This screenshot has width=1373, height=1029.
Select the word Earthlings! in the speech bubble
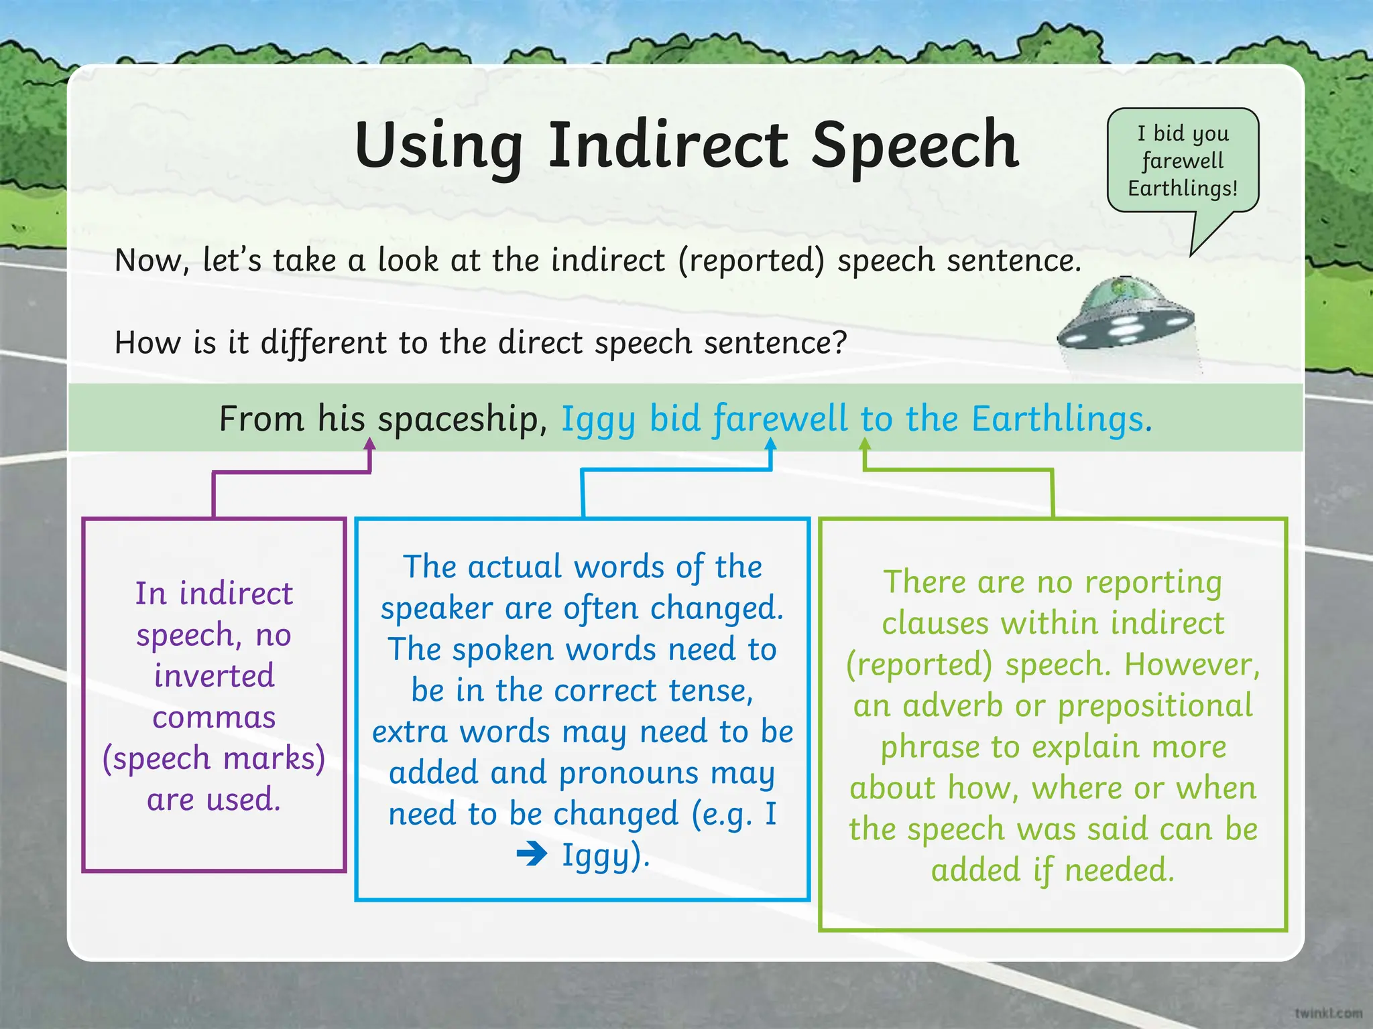1183,188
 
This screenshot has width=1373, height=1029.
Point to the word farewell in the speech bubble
1183,161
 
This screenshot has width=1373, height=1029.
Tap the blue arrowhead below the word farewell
770,444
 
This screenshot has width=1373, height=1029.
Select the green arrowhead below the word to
865,444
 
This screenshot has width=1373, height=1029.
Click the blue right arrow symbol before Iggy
532,855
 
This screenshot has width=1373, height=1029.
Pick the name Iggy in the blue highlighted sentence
598,420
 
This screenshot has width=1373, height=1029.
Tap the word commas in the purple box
214,717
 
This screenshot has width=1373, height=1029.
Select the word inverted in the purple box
214,675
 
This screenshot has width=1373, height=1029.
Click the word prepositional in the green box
1154,706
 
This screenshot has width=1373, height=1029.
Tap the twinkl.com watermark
1328,1012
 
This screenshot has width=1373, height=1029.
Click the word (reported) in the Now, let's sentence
751,261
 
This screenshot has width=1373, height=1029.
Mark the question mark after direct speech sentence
840,342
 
